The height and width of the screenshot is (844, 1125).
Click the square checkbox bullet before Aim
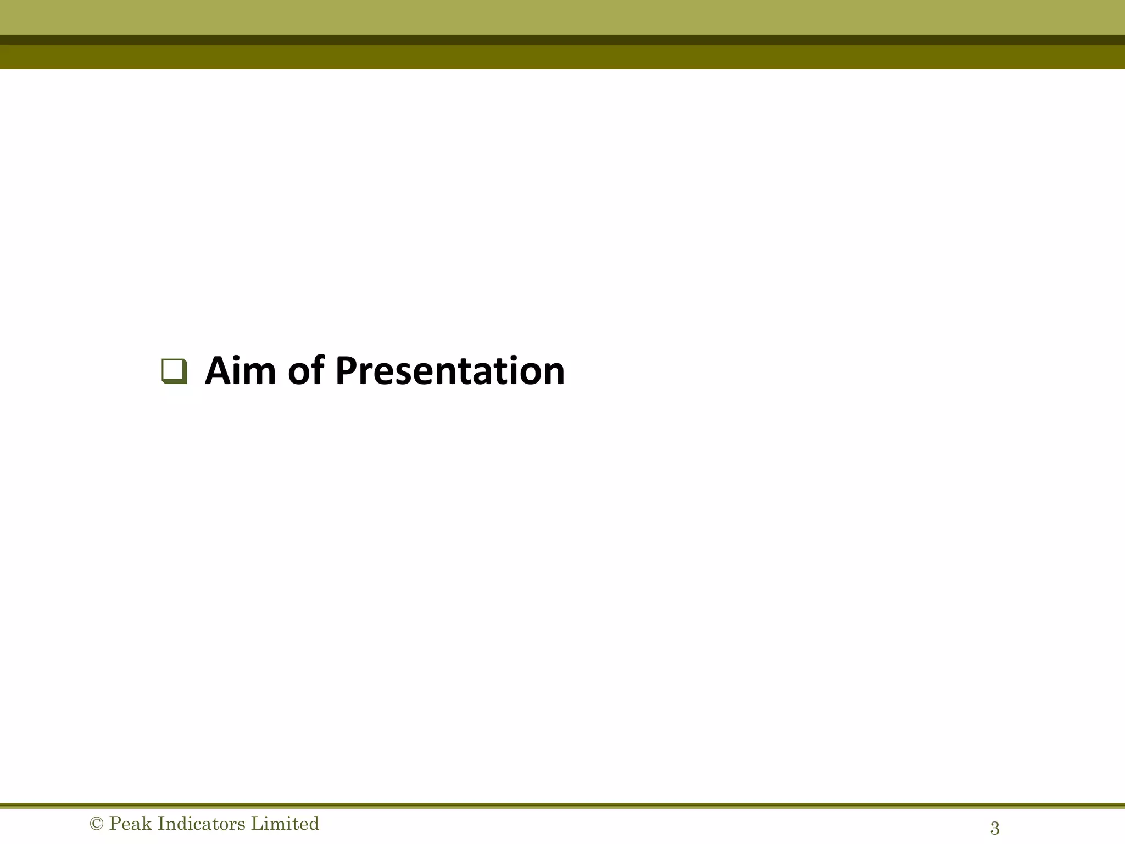175,371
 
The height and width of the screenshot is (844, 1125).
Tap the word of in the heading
306,371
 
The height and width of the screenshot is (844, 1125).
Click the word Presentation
450,372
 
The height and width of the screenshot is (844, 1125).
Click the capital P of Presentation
347,371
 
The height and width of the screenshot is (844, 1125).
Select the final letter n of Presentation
552,374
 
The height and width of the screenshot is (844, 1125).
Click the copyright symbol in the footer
96,824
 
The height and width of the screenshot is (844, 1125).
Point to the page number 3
994,828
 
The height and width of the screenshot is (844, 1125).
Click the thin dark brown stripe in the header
562,40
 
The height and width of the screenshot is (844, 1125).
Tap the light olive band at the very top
562,16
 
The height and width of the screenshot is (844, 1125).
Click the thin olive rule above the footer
562,806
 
